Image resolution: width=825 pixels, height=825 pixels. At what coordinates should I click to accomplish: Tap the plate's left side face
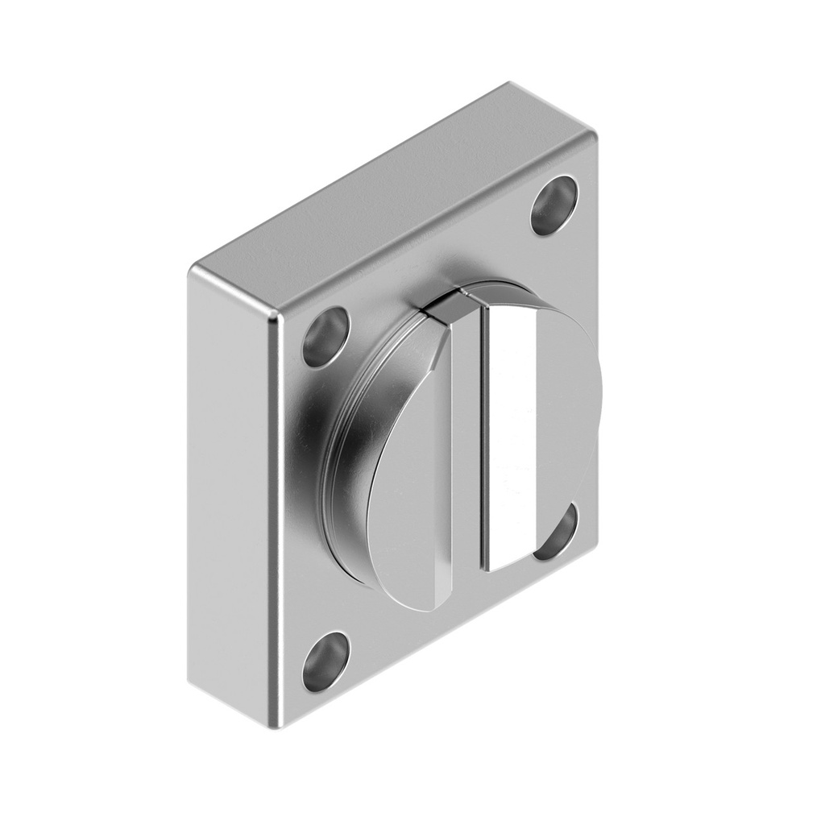click(230, 483)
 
